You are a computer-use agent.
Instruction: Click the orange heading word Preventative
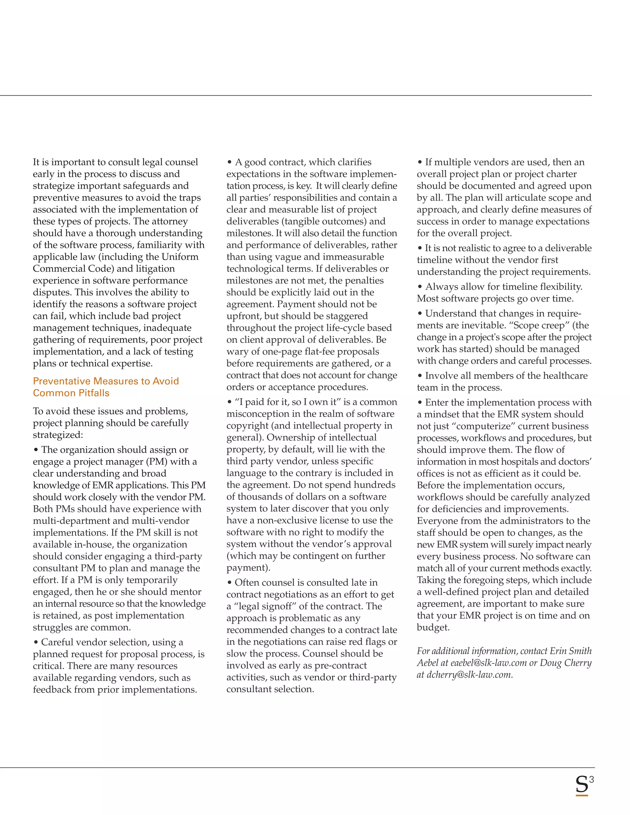[62, 381]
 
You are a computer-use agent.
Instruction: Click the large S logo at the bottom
[581, 785]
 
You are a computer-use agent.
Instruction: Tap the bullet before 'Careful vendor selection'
[36, 642]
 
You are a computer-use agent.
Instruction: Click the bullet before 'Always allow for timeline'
[420, 287]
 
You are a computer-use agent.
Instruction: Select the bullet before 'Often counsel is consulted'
[229, 582]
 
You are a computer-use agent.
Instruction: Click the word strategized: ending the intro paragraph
[58, 435]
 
